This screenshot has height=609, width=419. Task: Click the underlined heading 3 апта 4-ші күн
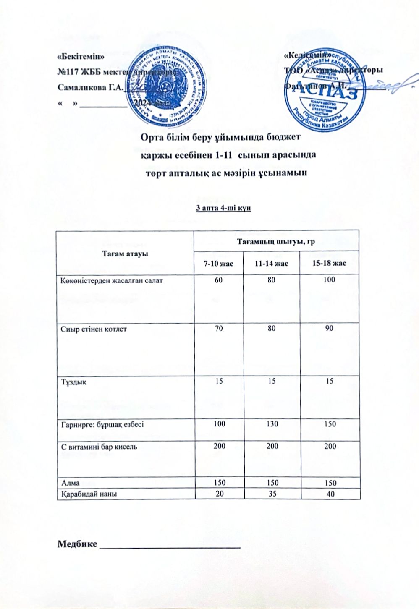coord(223,208)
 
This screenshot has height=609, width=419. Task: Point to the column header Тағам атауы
coord(125,253)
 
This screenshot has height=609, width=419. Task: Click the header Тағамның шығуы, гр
coord(276,241)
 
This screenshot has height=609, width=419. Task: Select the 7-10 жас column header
coord(218,263)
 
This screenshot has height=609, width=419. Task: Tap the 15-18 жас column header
coord(330,263)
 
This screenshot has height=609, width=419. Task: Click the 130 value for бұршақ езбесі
coord(272,424)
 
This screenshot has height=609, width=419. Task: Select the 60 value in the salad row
coord(218,280)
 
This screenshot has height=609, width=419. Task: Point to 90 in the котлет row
coord(329,328)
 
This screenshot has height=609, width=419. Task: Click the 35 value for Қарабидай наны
coord(272,494)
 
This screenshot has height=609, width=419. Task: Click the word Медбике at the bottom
coord(77,544)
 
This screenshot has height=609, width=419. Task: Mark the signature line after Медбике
coord(170,546)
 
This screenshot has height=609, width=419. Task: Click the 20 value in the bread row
coord(219,494)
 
